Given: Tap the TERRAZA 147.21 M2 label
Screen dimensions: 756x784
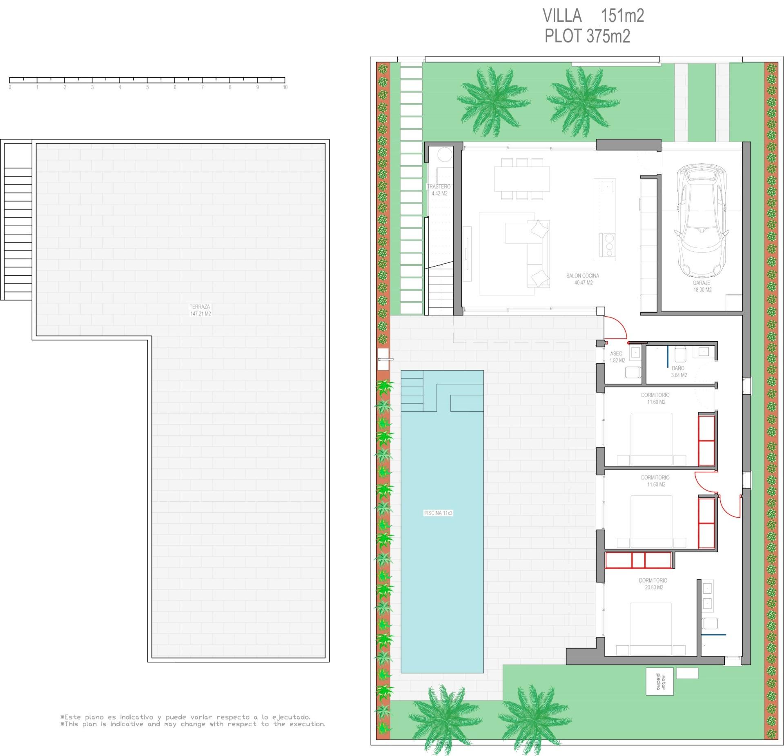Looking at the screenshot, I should (200, 310).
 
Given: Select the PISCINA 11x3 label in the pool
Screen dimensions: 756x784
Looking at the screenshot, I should (438, 513).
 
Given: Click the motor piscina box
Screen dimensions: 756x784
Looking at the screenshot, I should (659, 681).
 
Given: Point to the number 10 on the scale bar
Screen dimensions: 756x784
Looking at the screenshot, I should (285, 87).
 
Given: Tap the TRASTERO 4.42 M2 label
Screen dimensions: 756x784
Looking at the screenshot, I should (439, 190).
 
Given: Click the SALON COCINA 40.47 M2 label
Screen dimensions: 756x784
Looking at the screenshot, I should (583, 279).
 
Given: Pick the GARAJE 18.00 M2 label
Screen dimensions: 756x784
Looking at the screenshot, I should (702, 286).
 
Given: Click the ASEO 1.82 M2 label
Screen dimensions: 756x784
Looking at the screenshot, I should (617, 357).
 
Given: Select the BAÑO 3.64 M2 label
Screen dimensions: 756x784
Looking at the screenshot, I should (679, 371).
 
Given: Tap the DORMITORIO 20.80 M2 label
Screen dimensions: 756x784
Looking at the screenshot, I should (653, 584).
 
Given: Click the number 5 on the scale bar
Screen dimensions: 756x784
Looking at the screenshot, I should (147, 87).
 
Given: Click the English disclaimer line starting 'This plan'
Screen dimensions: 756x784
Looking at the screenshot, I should (193, 724).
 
